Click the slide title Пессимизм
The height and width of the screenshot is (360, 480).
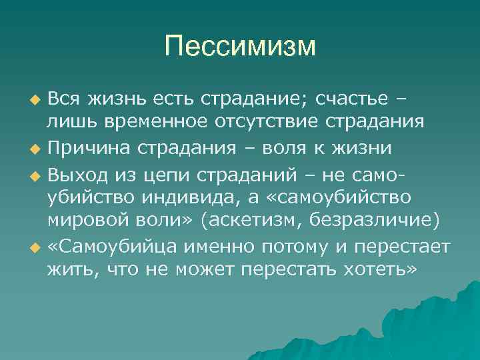pyautogui.click(x=240, y=47)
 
